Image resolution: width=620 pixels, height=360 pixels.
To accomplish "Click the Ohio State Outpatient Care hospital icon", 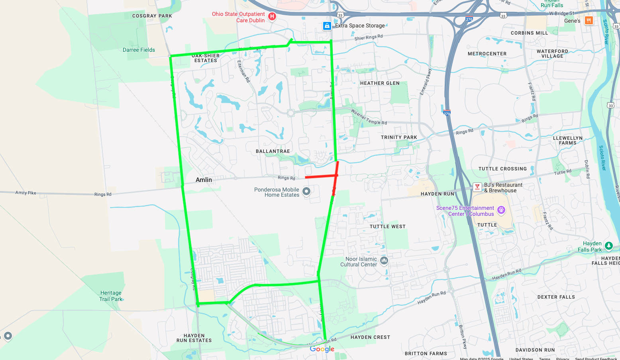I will [x=272, y=16].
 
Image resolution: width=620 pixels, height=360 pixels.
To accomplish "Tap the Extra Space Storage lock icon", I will [x=327, y=26].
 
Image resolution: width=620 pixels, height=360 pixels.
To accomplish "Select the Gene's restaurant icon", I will [x=589, y=20].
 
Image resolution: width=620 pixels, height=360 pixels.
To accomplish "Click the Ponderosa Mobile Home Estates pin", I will [x=306, y=192].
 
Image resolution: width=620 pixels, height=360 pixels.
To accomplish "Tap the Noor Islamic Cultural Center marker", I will [x=384, y=260].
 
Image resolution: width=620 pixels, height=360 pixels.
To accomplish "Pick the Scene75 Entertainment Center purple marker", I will [x=501, y=209].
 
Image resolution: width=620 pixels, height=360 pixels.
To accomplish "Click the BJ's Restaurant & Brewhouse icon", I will [x=477, y=187].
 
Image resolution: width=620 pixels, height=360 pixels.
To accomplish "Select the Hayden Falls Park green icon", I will [x=608, y=245].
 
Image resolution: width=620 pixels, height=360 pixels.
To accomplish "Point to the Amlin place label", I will [x=204, y=180].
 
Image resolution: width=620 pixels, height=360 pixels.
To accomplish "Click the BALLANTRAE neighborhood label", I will [x=273, y=151].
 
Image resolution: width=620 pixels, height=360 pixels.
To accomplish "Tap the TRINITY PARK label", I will [x=399, y=137].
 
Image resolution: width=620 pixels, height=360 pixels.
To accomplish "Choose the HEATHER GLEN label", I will [x=380, y=83].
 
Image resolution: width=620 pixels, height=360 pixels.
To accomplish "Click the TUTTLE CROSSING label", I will [x=502, y=169].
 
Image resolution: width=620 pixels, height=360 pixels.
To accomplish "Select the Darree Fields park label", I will [x=139, y=50].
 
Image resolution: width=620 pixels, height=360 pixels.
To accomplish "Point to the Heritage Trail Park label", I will [x=111, y=296].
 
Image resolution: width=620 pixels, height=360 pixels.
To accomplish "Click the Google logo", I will [x=322, y=349].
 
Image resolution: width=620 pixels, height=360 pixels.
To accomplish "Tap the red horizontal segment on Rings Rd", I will [x=320, y=176].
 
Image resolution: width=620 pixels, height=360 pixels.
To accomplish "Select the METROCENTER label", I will [x=487, y=54].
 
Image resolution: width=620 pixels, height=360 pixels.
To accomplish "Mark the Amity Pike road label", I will [x=26, y=193].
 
